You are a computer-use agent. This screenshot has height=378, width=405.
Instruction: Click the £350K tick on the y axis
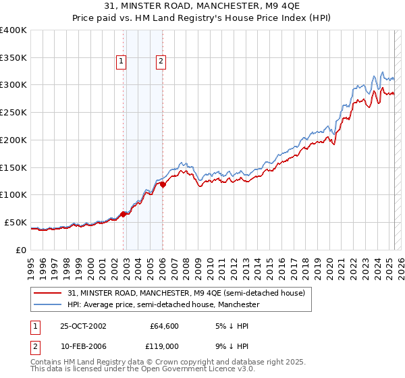click(x=13, y=58)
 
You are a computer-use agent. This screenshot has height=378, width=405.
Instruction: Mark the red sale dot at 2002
click(x=124, y=214)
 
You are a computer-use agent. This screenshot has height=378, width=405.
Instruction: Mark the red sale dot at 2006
click(x=163, y=184)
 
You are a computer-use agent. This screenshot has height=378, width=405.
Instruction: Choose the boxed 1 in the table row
click(x=35, y=326)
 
